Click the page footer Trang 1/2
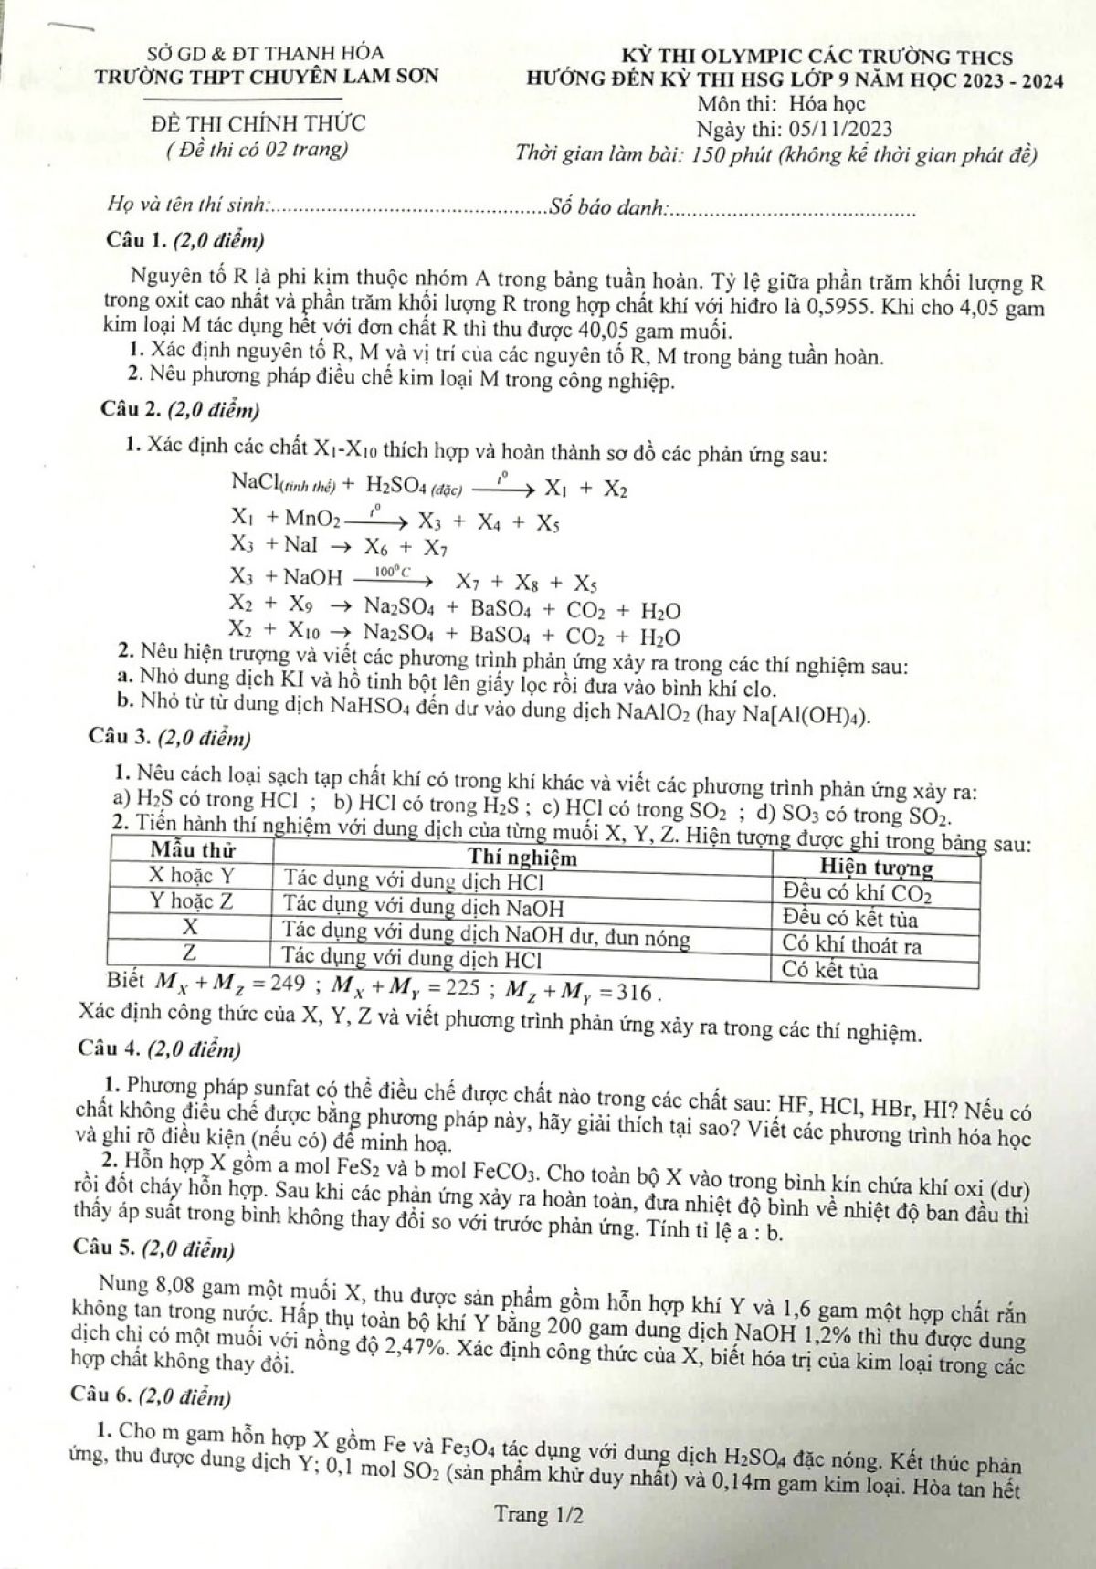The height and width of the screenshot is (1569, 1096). click(538, 1515)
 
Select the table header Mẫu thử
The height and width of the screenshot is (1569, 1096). click(186, 850)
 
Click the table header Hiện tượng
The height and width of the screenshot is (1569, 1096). click(876, 866)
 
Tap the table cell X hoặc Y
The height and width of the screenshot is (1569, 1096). click(191, 876)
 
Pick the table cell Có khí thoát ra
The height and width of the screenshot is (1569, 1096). click(851, 946)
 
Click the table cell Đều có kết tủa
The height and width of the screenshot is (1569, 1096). click(850, 920)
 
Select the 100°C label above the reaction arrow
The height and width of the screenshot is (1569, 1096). click(389, 571)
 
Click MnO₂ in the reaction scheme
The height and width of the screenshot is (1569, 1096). click(312, 519)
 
